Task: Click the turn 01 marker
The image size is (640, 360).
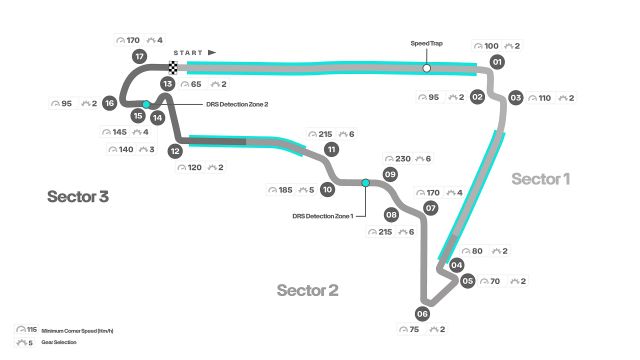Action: (x=496, y=62)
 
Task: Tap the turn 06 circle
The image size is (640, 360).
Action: (x=422, y=314)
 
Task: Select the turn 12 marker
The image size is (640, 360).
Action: (x=175, y=151)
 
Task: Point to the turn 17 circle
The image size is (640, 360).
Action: (x=140, y=56)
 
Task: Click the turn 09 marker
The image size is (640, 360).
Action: (x=391, y=174)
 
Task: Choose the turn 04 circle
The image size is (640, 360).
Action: (x=456, y=265)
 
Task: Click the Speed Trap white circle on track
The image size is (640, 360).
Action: (x=426, y=68)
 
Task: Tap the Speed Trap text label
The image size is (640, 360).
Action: (x=426, y=44)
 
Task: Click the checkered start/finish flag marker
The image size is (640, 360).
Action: (x=173, y=68)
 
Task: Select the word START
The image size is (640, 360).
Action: (x=188, y=52)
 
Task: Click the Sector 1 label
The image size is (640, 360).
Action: (x=540, y=179)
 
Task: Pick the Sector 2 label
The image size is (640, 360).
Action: (x=307, y=291)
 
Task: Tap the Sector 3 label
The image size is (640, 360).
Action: (x=77, y=196)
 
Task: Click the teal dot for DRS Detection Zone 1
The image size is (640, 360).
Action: (x=365, y=183)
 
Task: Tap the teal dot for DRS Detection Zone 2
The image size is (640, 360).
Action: (x=147, y=104)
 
